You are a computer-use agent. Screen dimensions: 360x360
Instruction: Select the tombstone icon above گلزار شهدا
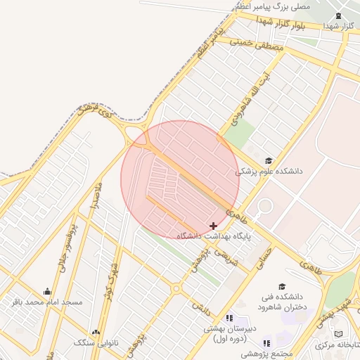coord(339,16)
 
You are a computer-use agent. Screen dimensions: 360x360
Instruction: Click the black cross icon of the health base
coord(214,226)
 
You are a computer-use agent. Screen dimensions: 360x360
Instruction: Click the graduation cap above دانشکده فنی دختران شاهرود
coord(282,287)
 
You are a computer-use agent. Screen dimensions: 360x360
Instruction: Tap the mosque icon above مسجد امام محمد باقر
coord(47,291)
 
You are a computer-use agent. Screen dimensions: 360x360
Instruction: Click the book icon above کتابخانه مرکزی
coord(339,333)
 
